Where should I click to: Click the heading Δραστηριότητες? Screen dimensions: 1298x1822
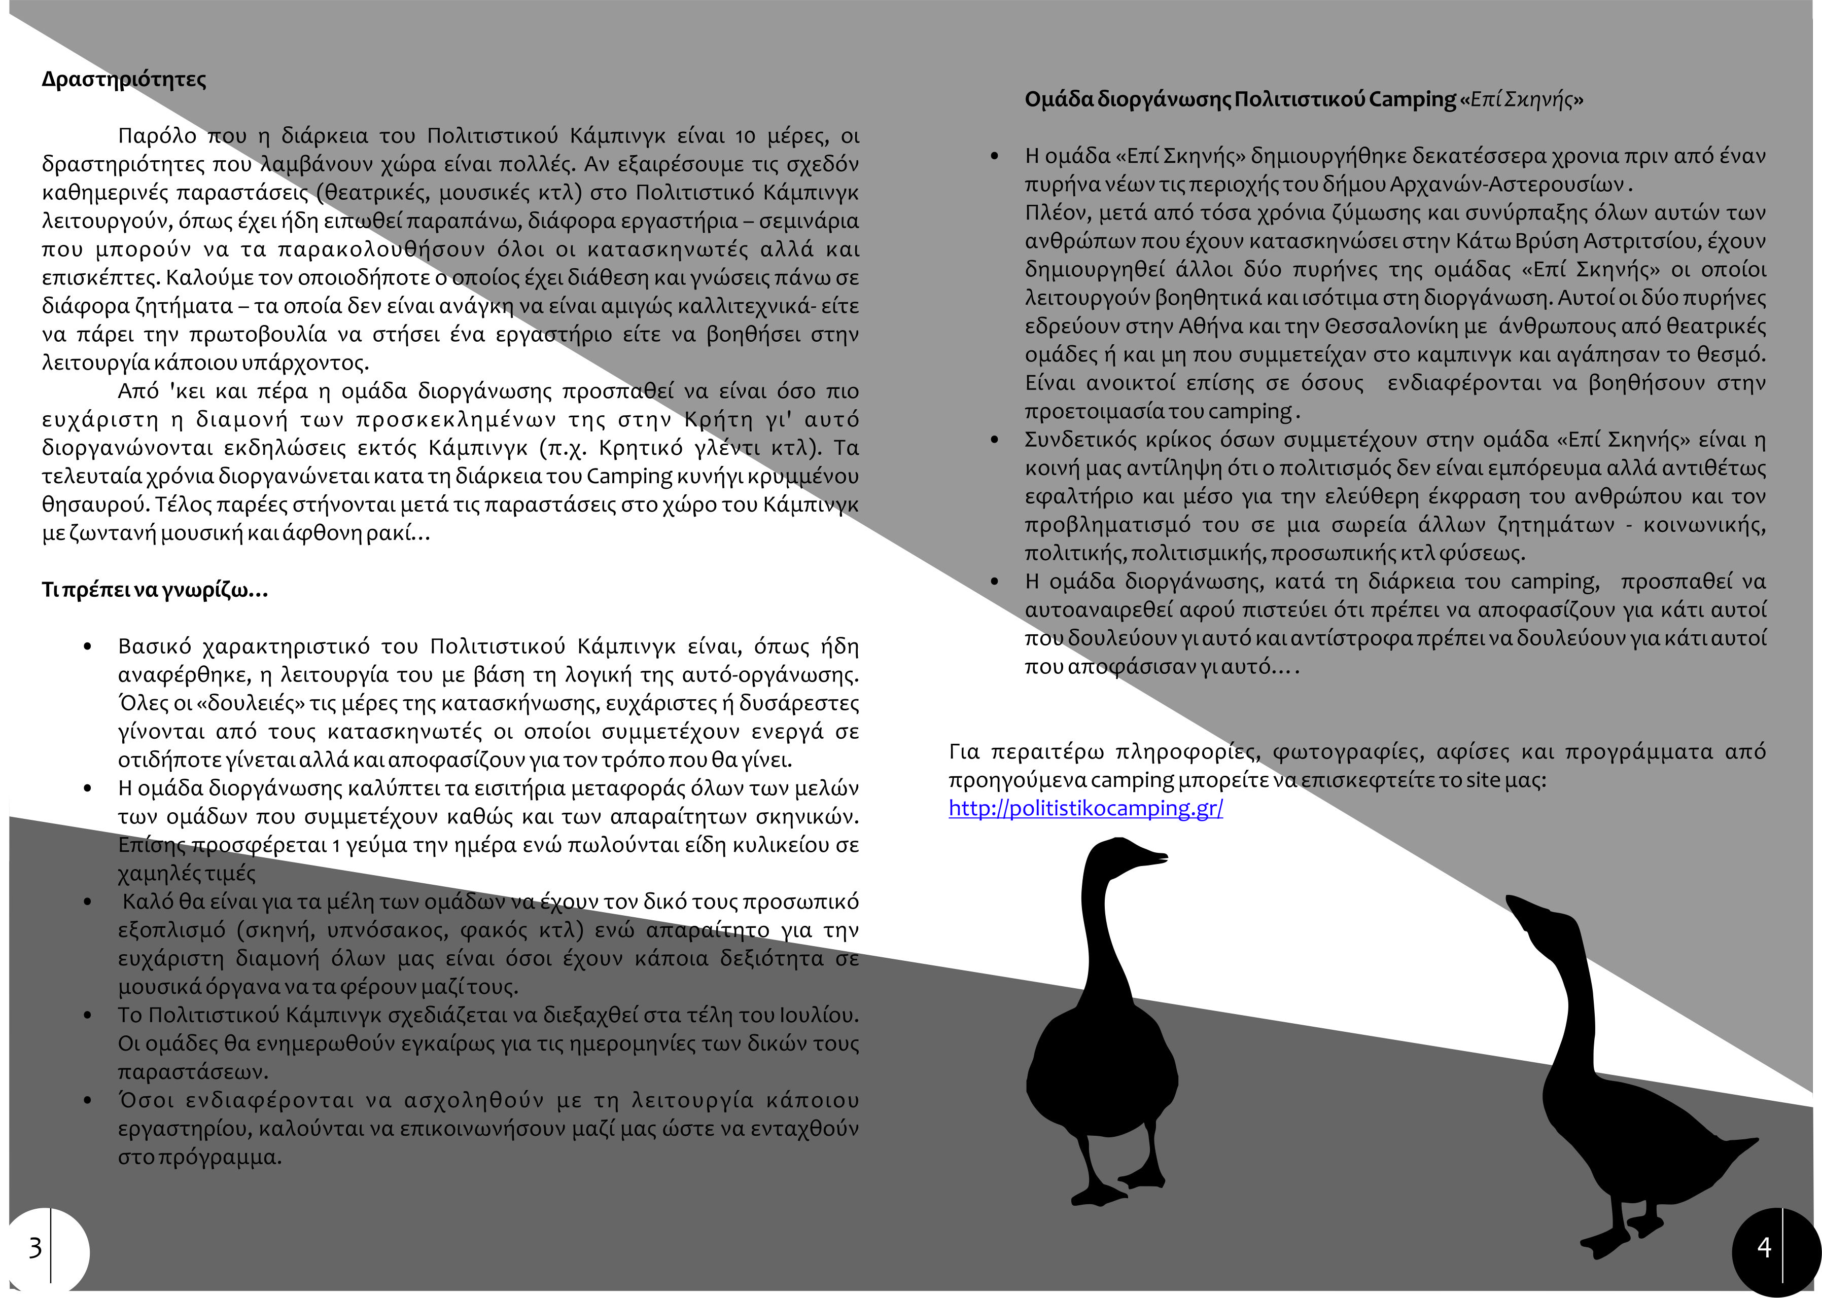(x=124, y=80)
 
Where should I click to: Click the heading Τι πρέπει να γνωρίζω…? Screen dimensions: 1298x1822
(x=154, y=591)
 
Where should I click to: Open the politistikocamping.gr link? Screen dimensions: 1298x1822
(x=1085, y=808)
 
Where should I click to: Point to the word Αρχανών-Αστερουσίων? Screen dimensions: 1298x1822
(x=1507, y=185)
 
